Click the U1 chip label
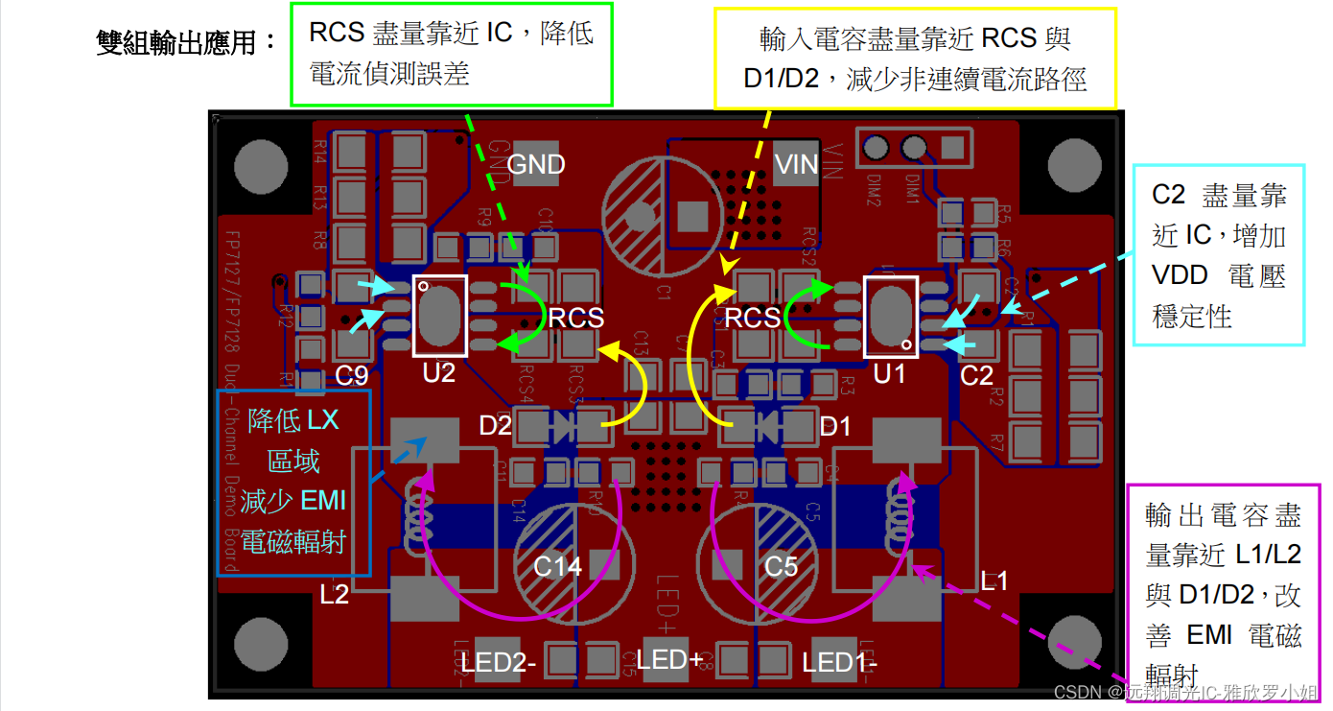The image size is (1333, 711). click(x=889, y=374)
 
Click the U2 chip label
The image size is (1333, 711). click(x=439, y=373)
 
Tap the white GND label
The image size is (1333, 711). click(x=536, y=165)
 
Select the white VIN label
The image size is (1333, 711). click(x=797, y=165)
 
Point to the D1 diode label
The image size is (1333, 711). click(x=835, y=426)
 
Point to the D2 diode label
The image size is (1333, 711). click(x=496, y=426)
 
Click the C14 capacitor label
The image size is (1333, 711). click(x=557, y=567)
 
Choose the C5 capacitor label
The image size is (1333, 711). click(x=781, y=567)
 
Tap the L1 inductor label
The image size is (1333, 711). click(x=994, y=581)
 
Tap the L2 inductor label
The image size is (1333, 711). click(x=335, y=595)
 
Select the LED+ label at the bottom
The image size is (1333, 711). click(x=669, y=660)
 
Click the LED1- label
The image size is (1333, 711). click(x=840, y=662)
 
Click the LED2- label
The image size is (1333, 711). click(x=499, y=662)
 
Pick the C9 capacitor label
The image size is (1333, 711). click(x=352, y=375)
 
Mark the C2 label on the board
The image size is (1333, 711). click(x=976, y=375)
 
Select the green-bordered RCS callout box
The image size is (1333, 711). click(x=451, y=54)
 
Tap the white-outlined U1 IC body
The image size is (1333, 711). click(x=891, y=316)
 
